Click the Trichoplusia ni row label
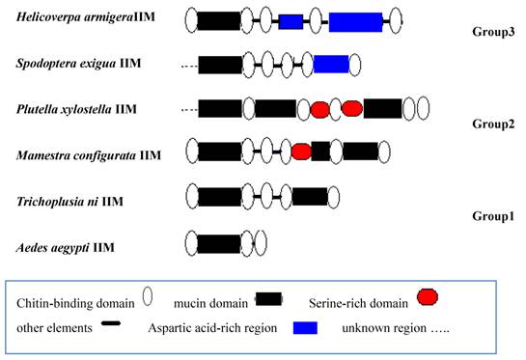point(70,201)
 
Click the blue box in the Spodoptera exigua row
point(331,64)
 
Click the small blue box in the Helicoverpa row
point(291,20)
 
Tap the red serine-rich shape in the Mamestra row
point(301,151)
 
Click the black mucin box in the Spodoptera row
point(219,64)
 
